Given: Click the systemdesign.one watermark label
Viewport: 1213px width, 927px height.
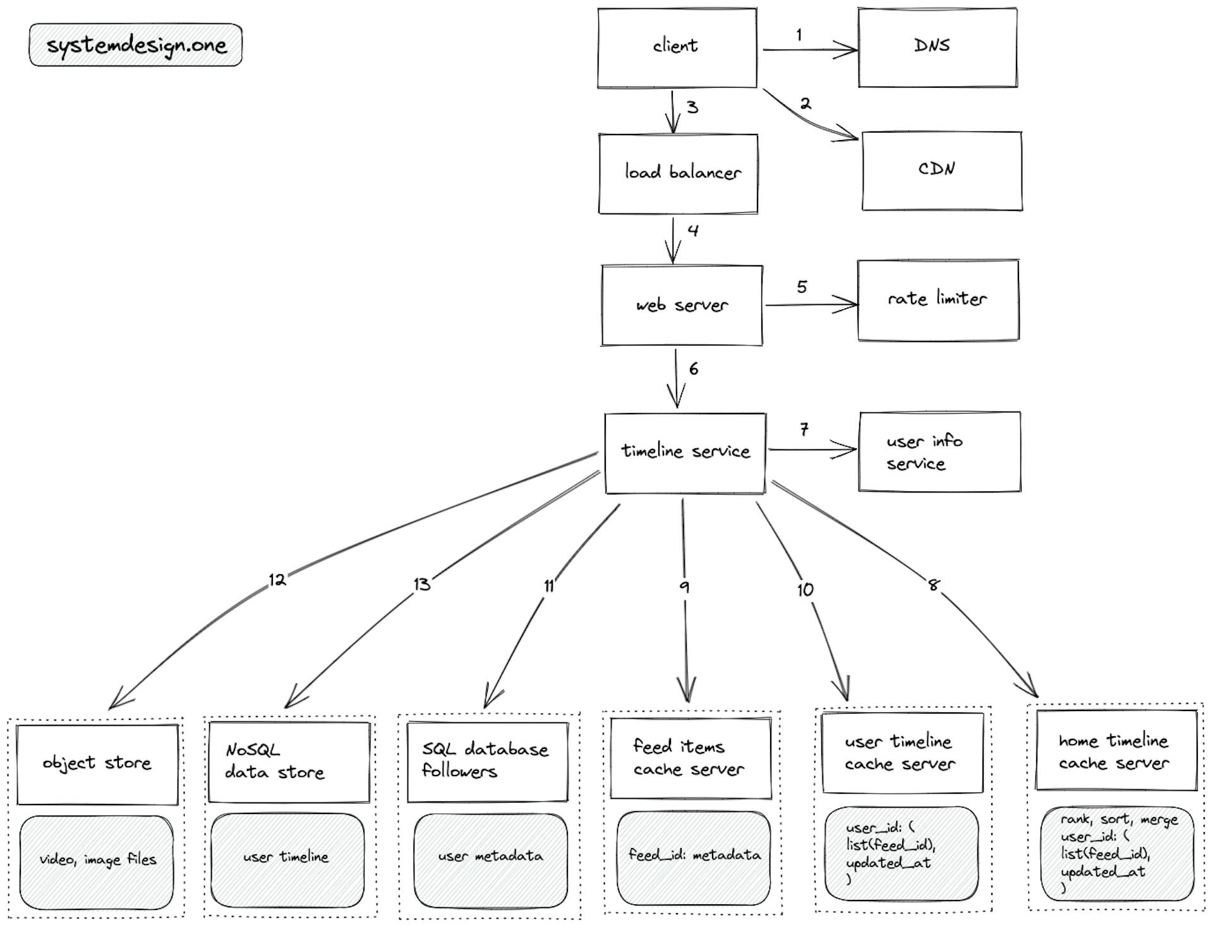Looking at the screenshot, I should [136, 45].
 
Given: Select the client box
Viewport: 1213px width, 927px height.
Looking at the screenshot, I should [677, 47].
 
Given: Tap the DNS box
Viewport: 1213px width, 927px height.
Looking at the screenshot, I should [938, 47].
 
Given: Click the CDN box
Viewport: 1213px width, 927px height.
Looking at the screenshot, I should [941, 170].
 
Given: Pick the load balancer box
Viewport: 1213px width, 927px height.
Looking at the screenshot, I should [678, 174].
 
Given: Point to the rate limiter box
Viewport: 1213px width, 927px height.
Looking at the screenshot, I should [938, 300].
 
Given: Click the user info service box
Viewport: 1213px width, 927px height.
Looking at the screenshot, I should [939, 452].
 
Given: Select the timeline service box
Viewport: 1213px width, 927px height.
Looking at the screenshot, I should [685, 453].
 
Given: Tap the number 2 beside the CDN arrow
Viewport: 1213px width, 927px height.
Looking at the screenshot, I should [805, 104].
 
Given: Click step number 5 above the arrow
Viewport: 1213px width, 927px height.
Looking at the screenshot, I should [802, 287].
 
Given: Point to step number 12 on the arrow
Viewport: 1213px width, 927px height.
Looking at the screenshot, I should [277, 580].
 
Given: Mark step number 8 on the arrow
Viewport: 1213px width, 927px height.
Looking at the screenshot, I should [933, 585].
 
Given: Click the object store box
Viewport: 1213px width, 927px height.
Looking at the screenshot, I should [97, 764].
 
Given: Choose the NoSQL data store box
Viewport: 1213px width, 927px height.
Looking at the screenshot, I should [289, 762].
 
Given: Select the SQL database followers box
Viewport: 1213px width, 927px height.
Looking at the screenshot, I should [487, 762].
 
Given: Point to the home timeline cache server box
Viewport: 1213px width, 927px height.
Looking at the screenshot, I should [1116, 751].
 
